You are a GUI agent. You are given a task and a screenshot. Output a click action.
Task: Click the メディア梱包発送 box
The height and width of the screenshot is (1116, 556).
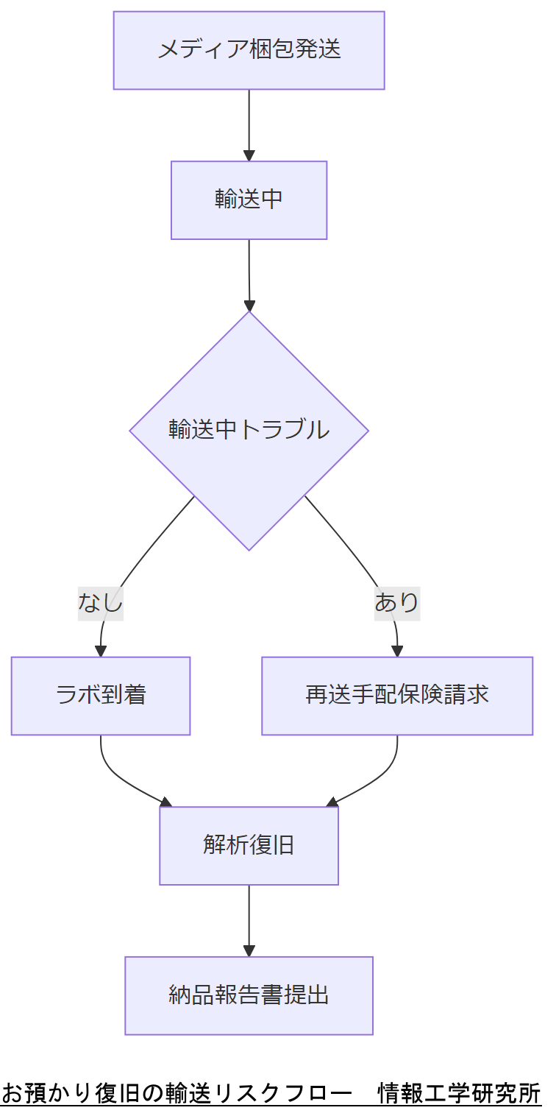pyautogui.click(x=249, y=50)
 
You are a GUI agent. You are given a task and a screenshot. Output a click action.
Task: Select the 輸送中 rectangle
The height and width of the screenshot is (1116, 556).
pyautogui.click(x=249, y=200)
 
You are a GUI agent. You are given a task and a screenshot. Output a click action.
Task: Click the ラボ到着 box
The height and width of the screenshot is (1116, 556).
pyautogui.click(x=101, y=696)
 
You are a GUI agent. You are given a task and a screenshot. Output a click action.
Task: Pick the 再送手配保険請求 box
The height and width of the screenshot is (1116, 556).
pyautogui.click(x=397, y=696)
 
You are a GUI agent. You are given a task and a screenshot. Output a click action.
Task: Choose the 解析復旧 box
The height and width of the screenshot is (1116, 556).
pyautogui.click(x=249, y=846)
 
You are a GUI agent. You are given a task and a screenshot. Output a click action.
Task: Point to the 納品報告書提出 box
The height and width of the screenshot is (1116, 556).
pyautogui.click(x=249, y=995)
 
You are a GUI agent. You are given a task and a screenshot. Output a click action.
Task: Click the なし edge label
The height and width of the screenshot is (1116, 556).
pyautogui.click(x=101, y=602)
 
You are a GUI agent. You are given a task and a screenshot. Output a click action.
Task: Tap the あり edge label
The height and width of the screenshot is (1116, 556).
pyautogui.click(x=397, y=602)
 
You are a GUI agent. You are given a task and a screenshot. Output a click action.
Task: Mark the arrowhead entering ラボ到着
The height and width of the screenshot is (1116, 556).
pyautogui.click(x=101, y=651)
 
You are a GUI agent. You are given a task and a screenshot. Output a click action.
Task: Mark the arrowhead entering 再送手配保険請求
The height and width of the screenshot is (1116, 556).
pyautogui.click(x=397, y=651)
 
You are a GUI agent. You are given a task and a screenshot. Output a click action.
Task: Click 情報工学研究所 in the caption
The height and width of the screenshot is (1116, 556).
pyautogui.click(x=459, y=1092)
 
